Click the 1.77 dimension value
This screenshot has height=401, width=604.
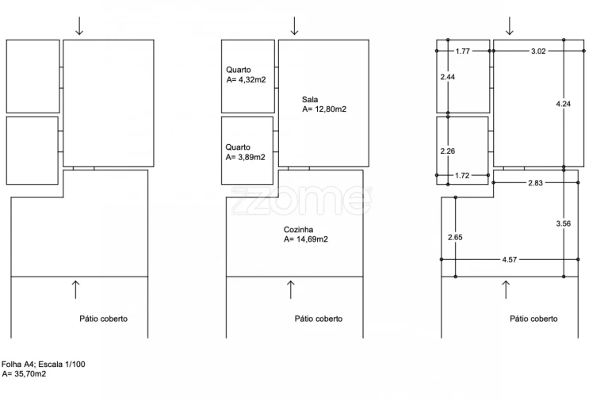[x=463, y=52]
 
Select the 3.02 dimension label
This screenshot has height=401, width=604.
[x=538, y=52]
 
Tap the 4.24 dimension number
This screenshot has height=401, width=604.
[x=563, y=104]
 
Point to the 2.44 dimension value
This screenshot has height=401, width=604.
[x=448, y=77]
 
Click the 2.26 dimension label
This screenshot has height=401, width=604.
[x=448, y=151]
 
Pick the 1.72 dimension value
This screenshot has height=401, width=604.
[x=462, y=176]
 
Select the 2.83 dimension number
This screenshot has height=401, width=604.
[x=535, y=183]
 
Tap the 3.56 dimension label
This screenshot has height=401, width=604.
[x=563, y=223]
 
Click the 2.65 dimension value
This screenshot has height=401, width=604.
[x=455, y=237]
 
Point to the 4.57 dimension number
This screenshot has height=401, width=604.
[x=509, y=260]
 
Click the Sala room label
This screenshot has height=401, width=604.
[x=310, y=99]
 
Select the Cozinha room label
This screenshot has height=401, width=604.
[x=299, y=230]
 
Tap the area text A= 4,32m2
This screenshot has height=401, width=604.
[x=247, y=80]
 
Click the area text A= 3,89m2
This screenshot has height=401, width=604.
[x=246, y=157]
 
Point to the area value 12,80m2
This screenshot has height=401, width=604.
[x=331, y=109]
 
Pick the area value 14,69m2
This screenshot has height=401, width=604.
[x=312, y=239]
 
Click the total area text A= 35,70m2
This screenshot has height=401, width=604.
[x=24, y=373]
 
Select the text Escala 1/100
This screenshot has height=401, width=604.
[x=62, y=364]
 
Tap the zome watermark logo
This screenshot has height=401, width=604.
[x=302, y=200]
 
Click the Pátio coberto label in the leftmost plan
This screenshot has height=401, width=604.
[x=103, y=319]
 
